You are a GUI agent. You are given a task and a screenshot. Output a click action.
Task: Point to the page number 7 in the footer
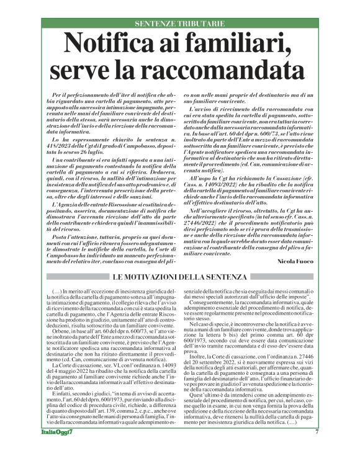(317, 449)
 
